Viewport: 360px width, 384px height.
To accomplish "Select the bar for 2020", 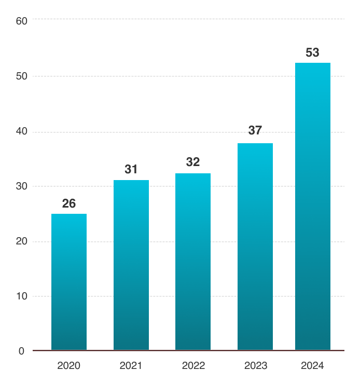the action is (69, 282).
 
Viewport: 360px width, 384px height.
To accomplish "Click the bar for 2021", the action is (131, 265).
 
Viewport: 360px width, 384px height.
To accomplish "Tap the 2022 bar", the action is (193, 262).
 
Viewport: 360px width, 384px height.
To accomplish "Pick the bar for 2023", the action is (255, 246).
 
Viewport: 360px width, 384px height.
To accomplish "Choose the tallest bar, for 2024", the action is (313, 207).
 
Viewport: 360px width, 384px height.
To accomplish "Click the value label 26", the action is (69, 203).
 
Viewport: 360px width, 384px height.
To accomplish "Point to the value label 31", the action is (131, 169).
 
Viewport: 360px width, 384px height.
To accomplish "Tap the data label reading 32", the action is (193, 162).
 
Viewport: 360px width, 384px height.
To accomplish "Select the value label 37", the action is (255, 130).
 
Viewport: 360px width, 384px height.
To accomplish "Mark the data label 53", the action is (312, 52).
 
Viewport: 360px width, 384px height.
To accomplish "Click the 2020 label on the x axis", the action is (69, 366).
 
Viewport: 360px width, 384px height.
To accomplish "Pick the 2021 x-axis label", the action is (131, 366).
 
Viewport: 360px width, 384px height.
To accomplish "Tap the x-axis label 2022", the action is (193, 366).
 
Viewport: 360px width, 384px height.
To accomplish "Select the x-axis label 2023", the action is (256, 366).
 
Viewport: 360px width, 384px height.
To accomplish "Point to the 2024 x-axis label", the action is (312, 366).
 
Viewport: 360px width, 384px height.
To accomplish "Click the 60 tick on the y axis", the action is (22, 21).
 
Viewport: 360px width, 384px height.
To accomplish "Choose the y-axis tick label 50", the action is (22, 76).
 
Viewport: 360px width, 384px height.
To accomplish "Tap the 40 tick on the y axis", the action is (22, 131).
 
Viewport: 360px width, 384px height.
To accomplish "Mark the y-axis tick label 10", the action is (22, 296).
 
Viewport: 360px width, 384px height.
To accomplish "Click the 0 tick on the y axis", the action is (22, 351).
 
